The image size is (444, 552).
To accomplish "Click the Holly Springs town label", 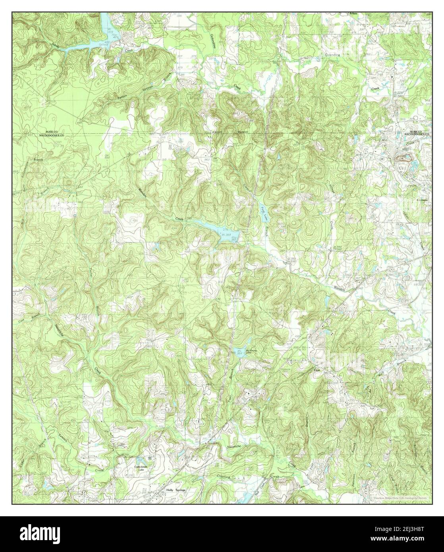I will point(175,490).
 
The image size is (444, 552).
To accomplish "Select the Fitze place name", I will point(317,370).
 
